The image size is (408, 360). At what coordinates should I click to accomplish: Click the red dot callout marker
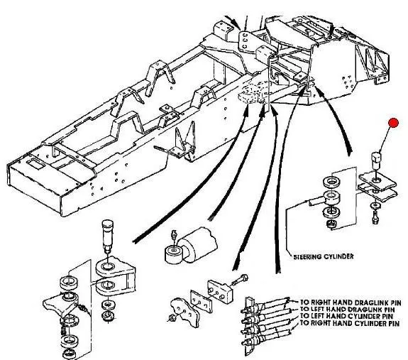pos(393,123)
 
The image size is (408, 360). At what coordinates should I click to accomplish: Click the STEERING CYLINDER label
pos(324,256)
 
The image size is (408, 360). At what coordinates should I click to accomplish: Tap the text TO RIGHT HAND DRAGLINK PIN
pos(351,302)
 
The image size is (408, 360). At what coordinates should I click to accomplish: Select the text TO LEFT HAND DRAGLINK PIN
pos(348,310)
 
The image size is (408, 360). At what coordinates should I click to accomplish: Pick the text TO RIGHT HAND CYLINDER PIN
pos(350,323)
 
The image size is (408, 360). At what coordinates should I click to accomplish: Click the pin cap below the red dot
pos(376,161)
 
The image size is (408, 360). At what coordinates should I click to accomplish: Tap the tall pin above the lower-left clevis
pos(107,236)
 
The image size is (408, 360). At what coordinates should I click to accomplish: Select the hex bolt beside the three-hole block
pos(239,280)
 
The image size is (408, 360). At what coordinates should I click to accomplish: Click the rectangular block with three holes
pos(220,291)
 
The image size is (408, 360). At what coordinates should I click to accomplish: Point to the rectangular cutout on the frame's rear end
pos(35,164)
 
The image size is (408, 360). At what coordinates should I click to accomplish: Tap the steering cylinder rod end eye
pos(331,197)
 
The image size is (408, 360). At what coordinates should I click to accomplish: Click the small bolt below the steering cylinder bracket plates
pos(376,217)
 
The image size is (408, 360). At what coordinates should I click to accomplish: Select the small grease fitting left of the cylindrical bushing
pos(174,236)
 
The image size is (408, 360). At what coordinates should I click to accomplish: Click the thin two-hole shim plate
pos(200,301)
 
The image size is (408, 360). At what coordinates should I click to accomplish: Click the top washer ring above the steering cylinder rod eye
pos(331,181)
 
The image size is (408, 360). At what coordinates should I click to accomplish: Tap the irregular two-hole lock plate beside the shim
pos(184,312)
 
